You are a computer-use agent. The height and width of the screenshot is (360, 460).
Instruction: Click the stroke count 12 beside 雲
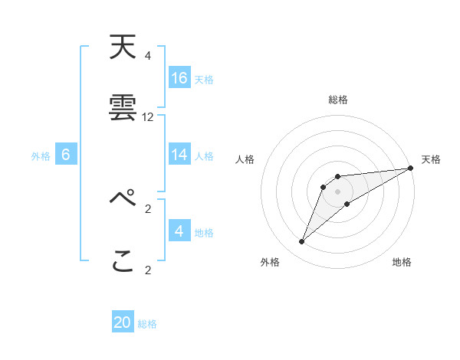tap(148, 117)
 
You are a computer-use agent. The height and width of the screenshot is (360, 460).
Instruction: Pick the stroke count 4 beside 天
tap(148, 56)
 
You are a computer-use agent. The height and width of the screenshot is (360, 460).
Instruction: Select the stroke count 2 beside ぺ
tap(148, 208)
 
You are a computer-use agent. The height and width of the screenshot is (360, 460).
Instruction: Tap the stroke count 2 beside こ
tap(148, 270)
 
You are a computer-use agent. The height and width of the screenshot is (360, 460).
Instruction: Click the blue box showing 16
tap(179, 77)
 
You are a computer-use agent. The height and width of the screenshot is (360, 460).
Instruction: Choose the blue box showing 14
tap(179, 155)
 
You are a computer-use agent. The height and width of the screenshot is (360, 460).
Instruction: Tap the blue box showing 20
tap(123, 322)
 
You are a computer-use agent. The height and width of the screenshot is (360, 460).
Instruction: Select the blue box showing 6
tap(66, 155)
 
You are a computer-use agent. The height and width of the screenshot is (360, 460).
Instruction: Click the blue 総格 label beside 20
tap(148, 324)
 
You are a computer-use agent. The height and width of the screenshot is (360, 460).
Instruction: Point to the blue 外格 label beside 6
tap(41, 156)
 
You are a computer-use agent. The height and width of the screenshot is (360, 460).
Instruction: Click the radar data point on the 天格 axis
tap(410, 168)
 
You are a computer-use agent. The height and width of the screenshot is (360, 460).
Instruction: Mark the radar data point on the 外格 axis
tap(302, 242)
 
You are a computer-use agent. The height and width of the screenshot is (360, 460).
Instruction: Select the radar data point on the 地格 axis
tap(347, 203)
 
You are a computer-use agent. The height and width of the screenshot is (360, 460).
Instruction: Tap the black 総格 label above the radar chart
tap(338, 100)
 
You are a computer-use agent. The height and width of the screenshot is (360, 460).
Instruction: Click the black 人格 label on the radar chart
tap(246, 159)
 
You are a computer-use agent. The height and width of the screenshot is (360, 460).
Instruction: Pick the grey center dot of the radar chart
tap(338, 191)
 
